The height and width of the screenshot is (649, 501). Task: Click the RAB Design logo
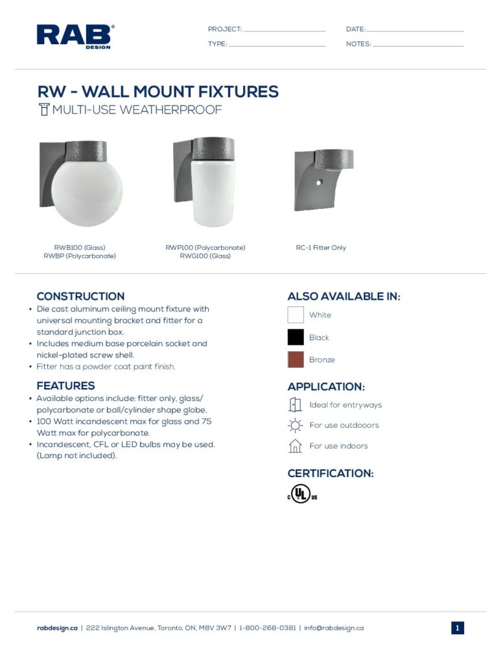tap(75, 36)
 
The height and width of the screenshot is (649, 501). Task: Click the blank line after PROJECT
tap(284, 31)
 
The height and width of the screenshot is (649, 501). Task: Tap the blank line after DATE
tap(415, 31)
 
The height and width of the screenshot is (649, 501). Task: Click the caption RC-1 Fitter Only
tap(321, 248)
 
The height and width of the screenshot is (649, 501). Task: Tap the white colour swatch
tap(296, 315)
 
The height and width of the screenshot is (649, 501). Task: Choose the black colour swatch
tap(296, 337)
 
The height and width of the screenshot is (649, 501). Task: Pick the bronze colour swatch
tap(296, 360)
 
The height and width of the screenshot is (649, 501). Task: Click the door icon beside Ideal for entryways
tap(295, 405)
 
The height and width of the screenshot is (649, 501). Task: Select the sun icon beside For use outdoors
tap(296, 426)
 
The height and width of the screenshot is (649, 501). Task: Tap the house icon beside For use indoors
tap(296, 446)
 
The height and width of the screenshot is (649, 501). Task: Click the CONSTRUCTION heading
tap(80, 297)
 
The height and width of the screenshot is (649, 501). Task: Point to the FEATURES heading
tap(65, 386)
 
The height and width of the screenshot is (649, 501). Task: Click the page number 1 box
tap(458, 628)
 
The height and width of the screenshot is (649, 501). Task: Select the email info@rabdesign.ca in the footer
tap(334, 628)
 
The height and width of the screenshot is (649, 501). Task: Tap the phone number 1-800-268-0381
tap(268, 628)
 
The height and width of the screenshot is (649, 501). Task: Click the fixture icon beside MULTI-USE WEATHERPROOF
tap(44, 109)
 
